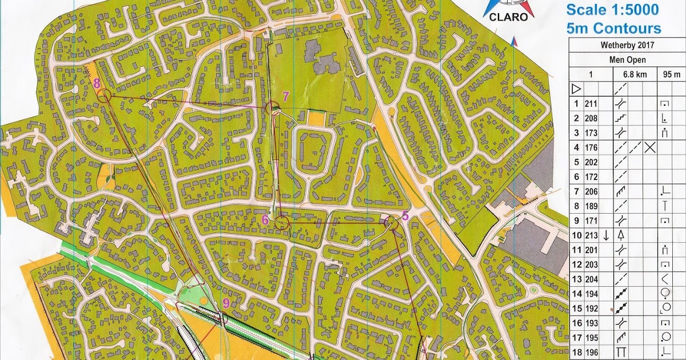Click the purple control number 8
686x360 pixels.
tap(97, 83)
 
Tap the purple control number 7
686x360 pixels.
tap(286, 95)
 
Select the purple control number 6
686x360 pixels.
tap(265, 218)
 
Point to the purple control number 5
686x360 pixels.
tap(405, 215)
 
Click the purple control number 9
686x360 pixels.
tap(226, 303)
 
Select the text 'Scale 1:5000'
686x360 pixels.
tap(612, 10)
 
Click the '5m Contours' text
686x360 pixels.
tap(613, 28)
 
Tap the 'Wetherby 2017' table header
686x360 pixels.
tap(627, 45)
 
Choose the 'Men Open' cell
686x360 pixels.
tap(627, 59)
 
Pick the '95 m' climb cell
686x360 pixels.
tap(671, 74)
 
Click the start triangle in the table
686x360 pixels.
tap(576, 89)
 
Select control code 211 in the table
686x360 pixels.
tap(591, 103)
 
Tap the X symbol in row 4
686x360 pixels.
tap(649, 147)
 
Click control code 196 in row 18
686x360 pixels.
tap(591, 352)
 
